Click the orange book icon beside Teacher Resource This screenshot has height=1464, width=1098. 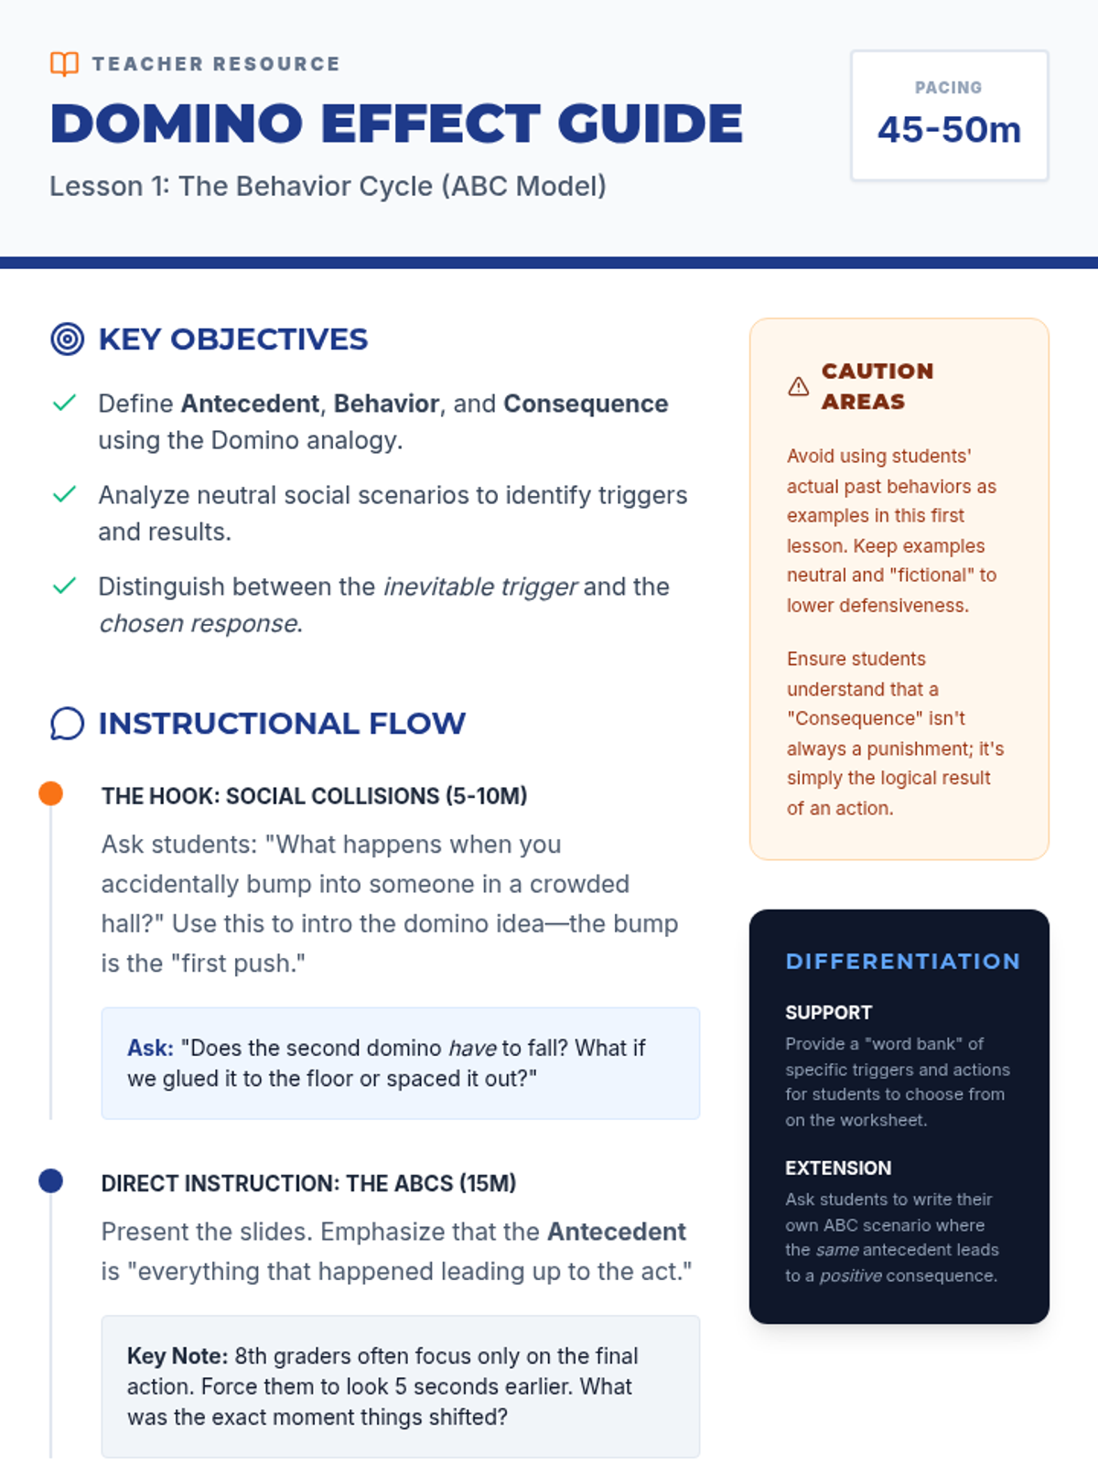(x=64, y=63)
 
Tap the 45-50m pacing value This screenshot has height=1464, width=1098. (x=949, y=130)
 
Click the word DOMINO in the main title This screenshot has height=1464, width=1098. (x=176, y=124)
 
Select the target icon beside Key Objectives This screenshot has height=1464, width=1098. (x=67, y=339)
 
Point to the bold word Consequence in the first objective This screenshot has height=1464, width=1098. (x=586, y=404)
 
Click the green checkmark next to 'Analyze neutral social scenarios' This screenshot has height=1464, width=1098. (x=64, y=495)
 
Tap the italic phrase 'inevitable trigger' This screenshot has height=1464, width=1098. (x=479, y=587)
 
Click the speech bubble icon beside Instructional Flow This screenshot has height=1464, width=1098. (x=67, y=724)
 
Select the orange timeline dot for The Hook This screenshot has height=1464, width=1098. (x=51, y=793)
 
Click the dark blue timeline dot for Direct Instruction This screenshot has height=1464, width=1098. (x=51, y=1181)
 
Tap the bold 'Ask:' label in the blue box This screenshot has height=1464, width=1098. (x=150, y=1048)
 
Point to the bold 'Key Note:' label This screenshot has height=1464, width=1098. (x=177, y=1356)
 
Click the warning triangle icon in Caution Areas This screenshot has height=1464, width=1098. (x=798, y=386)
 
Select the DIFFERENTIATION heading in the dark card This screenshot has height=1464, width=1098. (x=902, y=962)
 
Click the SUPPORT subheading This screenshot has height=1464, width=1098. (x=828, y=1013)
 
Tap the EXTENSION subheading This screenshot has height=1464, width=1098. (x=837, y=1168)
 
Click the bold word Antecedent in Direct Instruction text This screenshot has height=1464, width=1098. (x=616, y=1232)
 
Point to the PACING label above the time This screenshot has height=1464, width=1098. (x=948, y=88)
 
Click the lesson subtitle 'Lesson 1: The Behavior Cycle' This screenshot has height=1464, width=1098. (x=328, y=187)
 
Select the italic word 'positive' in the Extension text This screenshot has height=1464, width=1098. (x=850, y=1276)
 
